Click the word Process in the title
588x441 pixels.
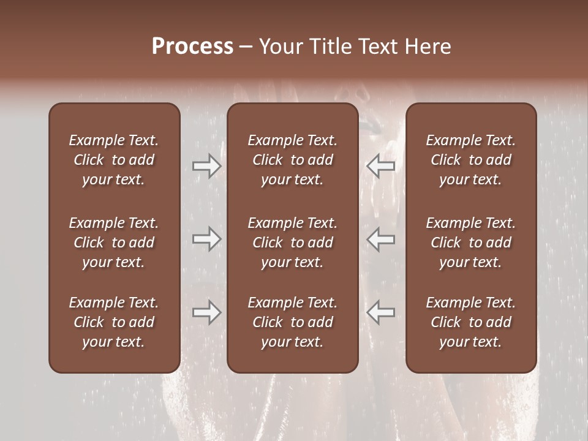192,47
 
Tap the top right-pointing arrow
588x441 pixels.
206,166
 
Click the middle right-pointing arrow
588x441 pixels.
206,239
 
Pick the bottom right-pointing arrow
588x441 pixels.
206,312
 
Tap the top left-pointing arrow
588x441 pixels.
380,166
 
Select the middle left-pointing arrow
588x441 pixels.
380,239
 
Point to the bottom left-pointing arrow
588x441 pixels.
380,312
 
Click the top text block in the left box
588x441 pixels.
114,160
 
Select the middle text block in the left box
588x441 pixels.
114,243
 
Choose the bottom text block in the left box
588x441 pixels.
114,322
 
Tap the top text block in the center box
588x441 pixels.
292,160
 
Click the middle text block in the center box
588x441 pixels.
292,243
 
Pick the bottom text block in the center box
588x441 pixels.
292,322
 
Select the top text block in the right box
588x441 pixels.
470,160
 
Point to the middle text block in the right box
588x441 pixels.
470,243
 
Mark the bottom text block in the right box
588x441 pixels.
470,322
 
